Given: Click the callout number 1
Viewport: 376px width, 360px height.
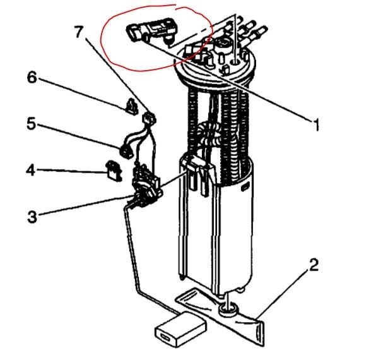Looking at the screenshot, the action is coord(317,125).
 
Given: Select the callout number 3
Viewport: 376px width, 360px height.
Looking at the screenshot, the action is coord(32,217).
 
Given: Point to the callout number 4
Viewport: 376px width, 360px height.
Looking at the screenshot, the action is coord(31,171).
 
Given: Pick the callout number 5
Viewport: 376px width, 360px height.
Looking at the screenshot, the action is coord(32,123).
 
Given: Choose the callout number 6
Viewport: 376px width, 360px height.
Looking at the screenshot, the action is coord(32,77).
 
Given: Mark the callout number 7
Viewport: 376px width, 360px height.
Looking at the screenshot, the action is coord(79,32).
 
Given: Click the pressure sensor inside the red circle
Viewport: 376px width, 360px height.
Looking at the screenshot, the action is coord(151,32).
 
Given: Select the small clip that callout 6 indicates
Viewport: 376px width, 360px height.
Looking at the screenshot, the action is coord(132,107).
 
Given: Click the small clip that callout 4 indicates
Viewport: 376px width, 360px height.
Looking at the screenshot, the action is coord(114,171).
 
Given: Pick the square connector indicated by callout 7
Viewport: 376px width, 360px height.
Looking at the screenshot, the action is coord(149,118).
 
